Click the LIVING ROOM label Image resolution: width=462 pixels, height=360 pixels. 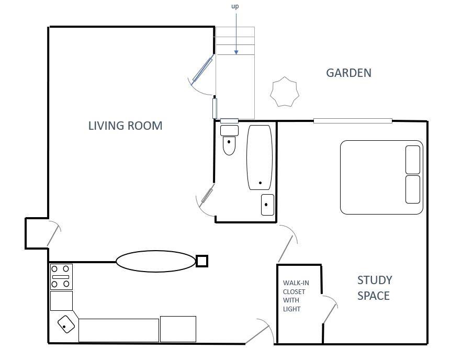coord(125,126)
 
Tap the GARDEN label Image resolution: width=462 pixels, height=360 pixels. coord(348,73)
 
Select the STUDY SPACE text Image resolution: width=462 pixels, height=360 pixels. coord(375,288)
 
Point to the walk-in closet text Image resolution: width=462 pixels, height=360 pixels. coord(296,296)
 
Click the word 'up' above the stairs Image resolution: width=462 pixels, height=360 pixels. coord(235,6)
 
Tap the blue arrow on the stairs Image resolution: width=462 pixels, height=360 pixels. coord(236,33)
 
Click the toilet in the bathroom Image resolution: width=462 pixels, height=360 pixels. coord(229,140)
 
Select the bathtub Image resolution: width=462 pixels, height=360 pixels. coord(260,157)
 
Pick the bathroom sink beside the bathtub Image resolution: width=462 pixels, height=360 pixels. coord(267,205)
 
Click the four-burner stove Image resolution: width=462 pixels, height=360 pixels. coord(61,277)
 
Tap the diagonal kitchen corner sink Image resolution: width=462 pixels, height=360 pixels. coord(66,324)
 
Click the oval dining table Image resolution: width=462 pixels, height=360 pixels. coord(156,261)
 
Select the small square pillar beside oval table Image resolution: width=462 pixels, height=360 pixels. coord(202,261)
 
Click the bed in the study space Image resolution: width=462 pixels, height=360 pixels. coord(381,177)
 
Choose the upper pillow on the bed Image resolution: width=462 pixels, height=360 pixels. coord(413,160)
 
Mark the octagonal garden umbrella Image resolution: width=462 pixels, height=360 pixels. coord(285,92)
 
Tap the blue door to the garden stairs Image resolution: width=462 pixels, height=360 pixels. coord(202,70)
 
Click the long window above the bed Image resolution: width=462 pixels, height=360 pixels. coord(353,121)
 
